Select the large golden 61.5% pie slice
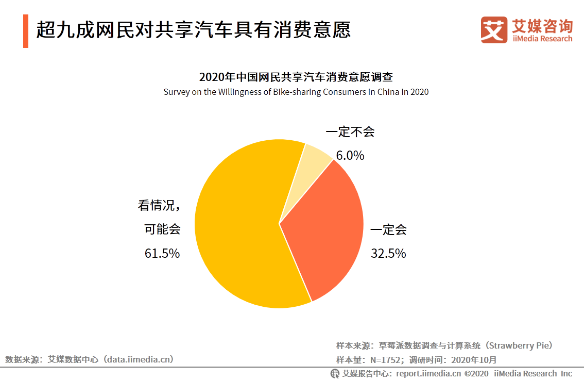pos(237,227)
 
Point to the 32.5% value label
pos(388,253)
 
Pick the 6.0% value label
pos(350,155)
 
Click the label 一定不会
pos(350,132)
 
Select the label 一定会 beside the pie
pos(388,229)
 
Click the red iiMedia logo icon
pos(494,30)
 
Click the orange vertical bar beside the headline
pos(26,31)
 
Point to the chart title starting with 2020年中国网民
pos(296,77)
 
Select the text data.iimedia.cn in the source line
pos(139,359)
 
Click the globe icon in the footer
pos(335,373)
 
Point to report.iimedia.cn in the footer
pos(428,373)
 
